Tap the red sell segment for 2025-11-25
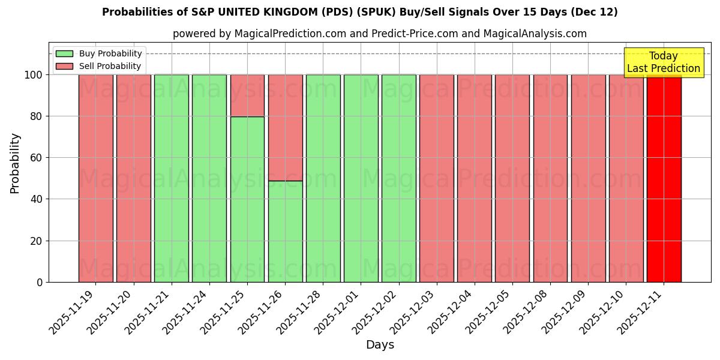[x=247, y=95]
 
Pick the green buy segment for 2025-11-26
[x=285, y=231]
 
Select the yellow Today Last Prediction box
[x=663, y=62]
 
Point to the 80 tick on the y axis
[x=37, y=116]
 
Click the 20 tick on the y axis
[x=37, y=241]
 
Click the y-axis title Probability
[x=15, y=163]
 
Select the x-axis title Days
[x=380, y=345]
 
